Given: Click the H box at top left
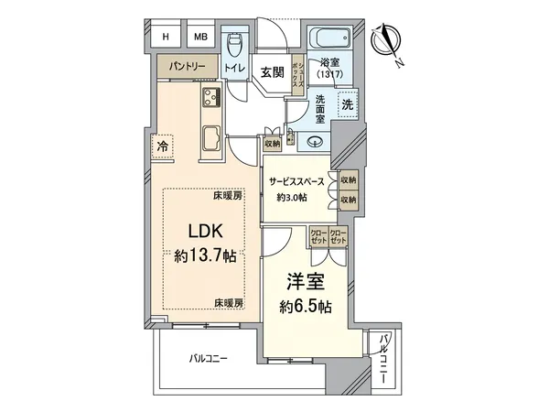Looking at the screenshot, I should [166, 37].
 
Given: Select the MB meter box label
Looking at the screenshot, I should [199, 37].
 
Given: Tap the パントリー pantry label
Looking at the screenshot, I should [185, 67].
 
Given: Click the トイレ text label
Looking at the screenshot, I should [234, 68].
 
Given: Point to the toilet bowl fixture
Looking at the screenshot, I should [235, 43].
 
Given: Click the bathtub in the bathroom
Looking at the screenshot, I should [328, 39].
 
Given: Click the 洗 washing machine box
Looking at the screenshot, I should [346, 104].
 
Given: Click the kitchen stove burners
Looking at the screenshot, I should [210, 99].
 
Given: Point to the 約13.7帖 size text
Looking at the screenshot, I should [202, 255].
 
